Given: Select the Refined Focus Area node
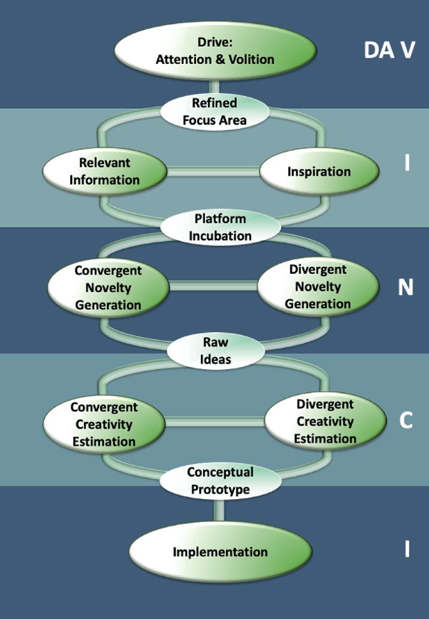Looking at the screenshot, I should pyautogui.click(x=214, y=111).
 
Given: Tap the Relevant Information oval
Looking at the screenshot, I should pyautogui.click(x=105, y=171).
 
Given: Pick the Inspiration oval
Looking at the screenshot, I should pyautogui.click(x=319, y=171).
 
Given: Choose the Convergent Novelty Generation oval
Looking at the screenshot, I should pyautogui.click(x=108, y=288).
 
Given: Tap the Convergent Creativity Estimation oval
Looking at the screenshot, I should pyautogui.click(x=103, y=424).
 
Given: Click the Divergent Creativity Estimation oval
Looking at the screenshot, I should pyautogui.click(x=325, y=422).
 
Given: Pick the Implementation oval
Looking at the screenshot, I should pyautogui.click(x=220, y=552).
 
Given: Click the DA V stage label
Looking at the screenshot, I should pyautogui.click(x=389, y=51).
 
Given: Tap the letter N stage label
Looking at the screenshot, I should pyautogui.click(x=406, y=287).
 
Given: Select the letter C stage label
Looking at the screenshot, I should pyautogui.click(x=406, y=421).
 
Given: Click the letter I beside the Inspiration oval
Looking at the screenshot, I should pyautogui.click(x=406, y=164).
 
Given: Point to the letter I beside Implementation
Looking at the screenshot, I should pyautogui.click(x=406, y=549).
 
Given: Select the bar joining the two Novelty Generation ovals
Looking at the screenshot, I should pyautogui.click(x=213, y=287).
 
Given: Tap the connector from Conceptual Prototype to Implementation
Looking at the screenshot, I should pyautogui.click(x=219, y=511).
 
